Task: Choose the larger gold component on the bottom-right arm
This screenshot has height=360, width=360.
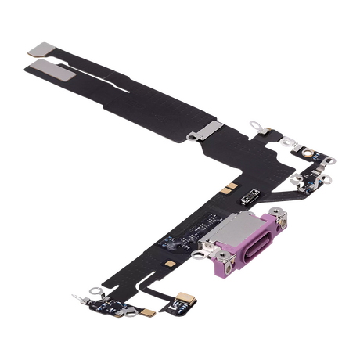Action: click(209, 295)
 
